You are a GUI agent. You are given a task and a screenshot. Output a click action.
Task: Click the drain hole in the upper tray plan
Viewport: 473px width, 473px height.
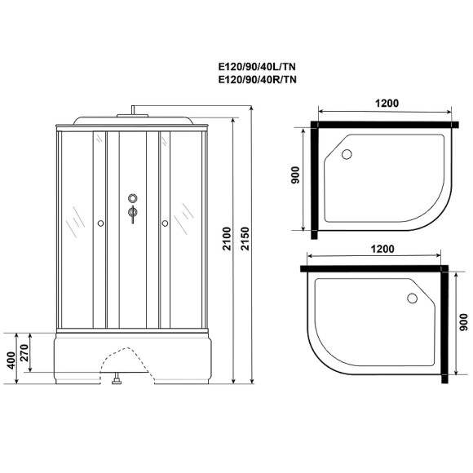(x=346, y=155)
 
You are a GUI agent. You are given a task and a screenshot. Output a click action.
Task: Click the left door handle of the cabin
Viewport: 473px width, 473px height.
(x=99, y=221)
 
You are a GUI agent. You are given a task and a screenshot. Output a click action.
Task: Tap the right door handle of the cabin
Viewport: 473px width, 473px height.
(x=164, y=221)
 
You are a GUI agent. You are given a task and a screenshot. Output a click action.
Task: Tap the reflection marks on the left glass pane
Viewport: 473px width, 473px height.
(x=74, y=216)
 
